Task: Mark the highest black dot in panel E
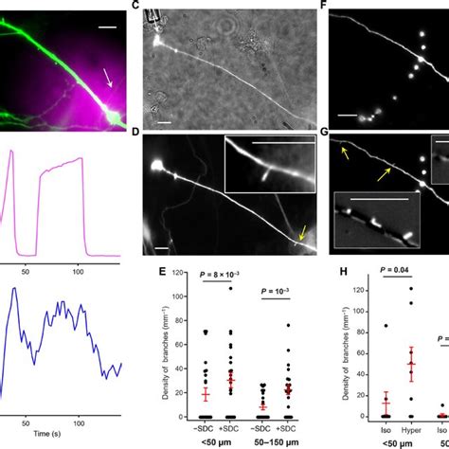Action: tap(229, 313)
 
